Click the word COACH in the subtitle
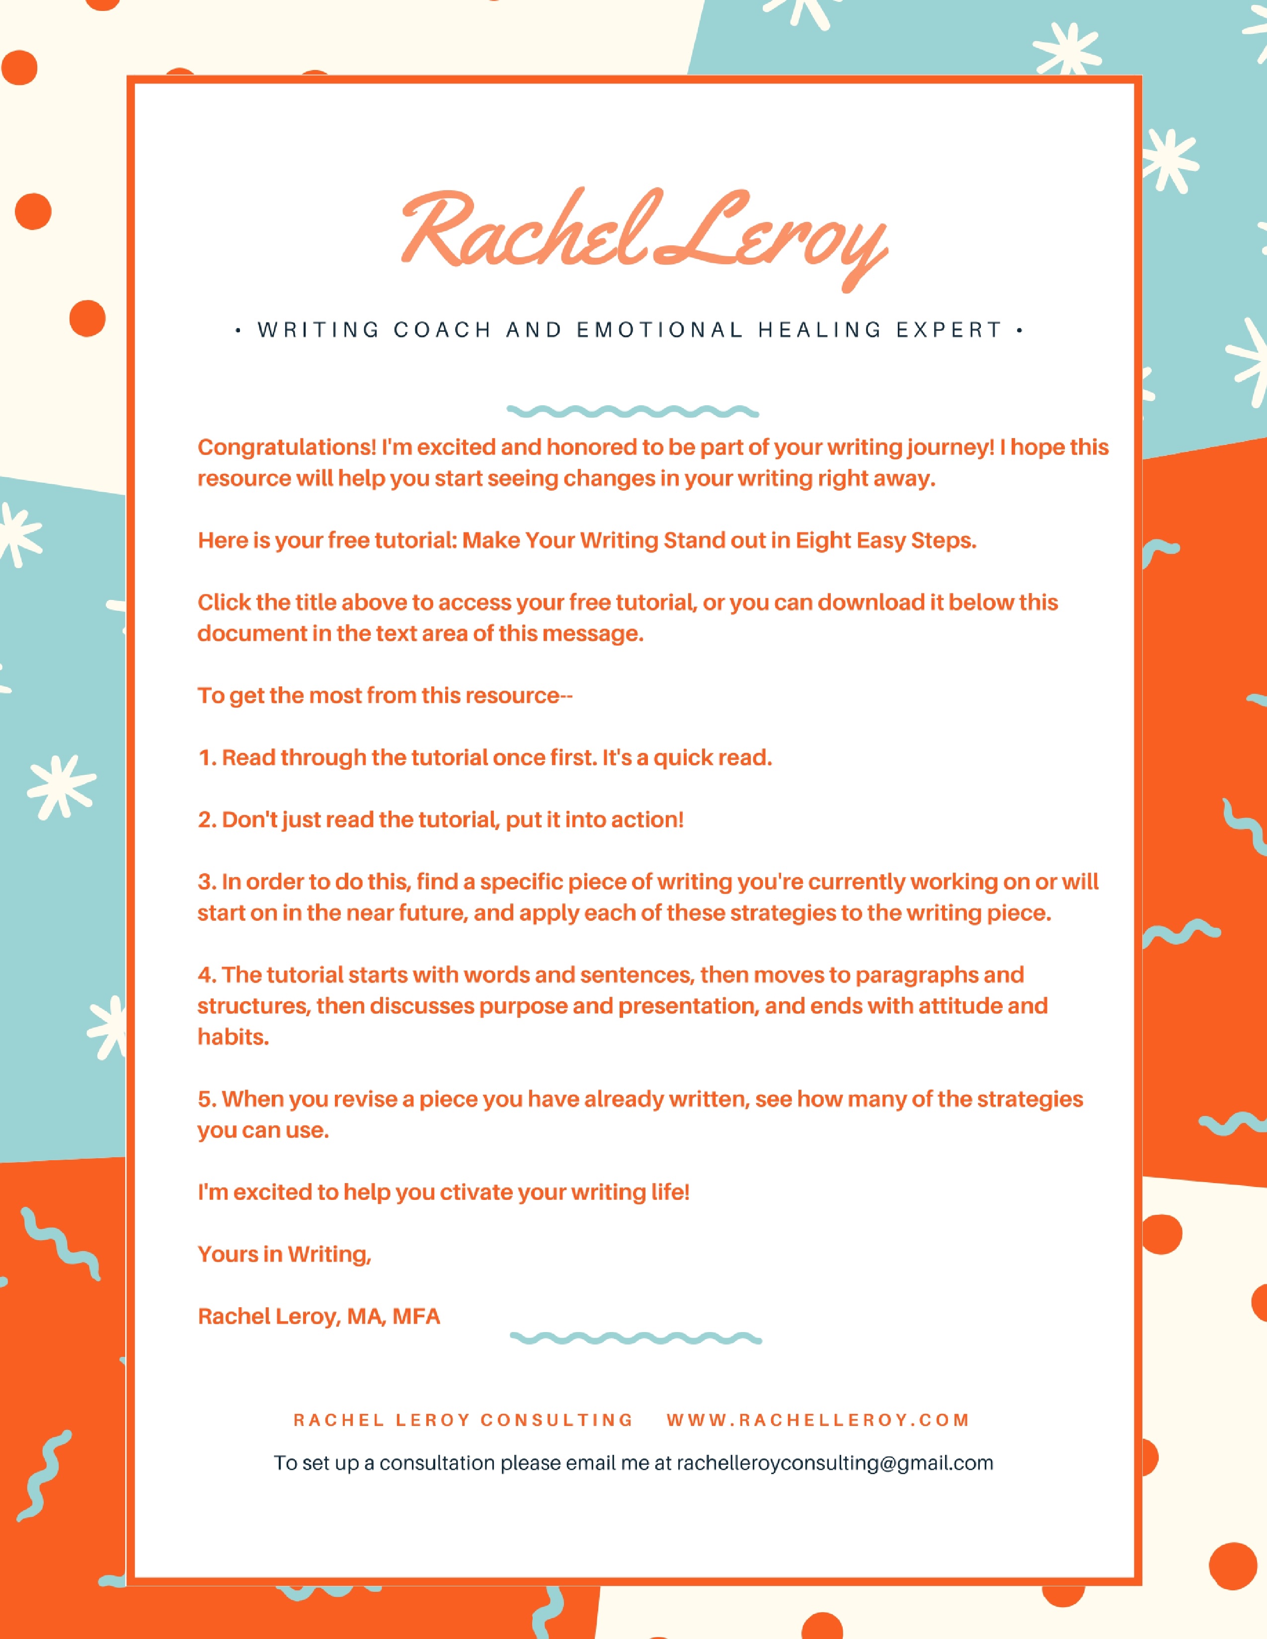pyautogui.click(x=443, y=330)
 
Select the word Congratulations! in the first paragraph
pyautogui.click(x=287, y=447)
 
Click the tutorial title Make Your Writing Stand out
pyautogui.click(x=719, y=540)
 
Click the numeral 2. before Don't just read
pyautogui.click(x=207, y=819)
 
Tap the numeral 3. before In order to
pyautogui.click(x=207, y=882)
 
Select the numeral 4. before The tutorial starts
pyautogui.click(x=207, y=975)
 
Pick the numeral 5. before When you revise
pyautogui.click(x=207, y=1100)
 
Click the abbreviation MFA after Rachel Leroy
pyautogui.click(x=416, y=1317)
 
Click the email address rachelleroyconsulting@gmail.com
pyautogui.click(x=835, y=1463)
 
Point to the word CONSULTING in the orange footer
pyautogui.click(x=557, y=1420)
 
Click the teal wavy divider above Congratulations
pyautogui.click(x=633, y=411)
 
